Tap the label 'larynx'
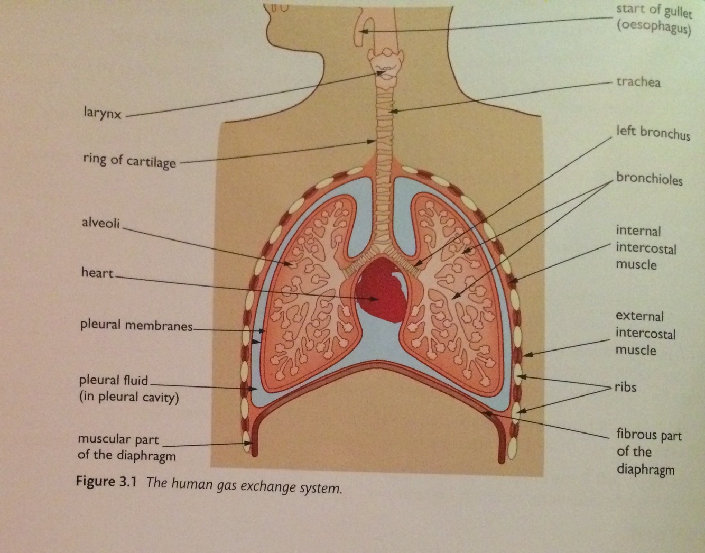tap(102, 112)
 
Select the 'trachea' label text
tap(638, 82)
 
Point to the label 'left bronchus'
tap(653, 132)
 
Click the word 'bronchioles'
tap(649, 179)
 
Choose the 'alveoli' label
tap(100, 223)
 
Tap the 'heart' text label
tap(97, 273)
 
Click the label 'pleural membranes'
tap(136, 325)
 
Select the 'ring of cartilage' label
tap(129, 160)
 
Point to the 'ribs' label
tap(625, 387)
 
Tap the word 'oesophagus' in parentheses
tap(654, 26)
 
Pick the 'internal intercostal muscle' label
tap(645, 247)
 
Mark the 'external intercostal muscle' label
tap(645, 333)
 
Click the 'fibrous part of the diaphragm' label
tap(648, 452)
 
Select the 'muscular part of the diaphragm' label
tap(126, 447)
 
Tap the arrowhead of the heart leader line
tap(376, 299)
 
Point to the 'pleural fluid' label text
tap(113, 380)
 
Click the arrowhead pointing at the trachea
tap(391, 111)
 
